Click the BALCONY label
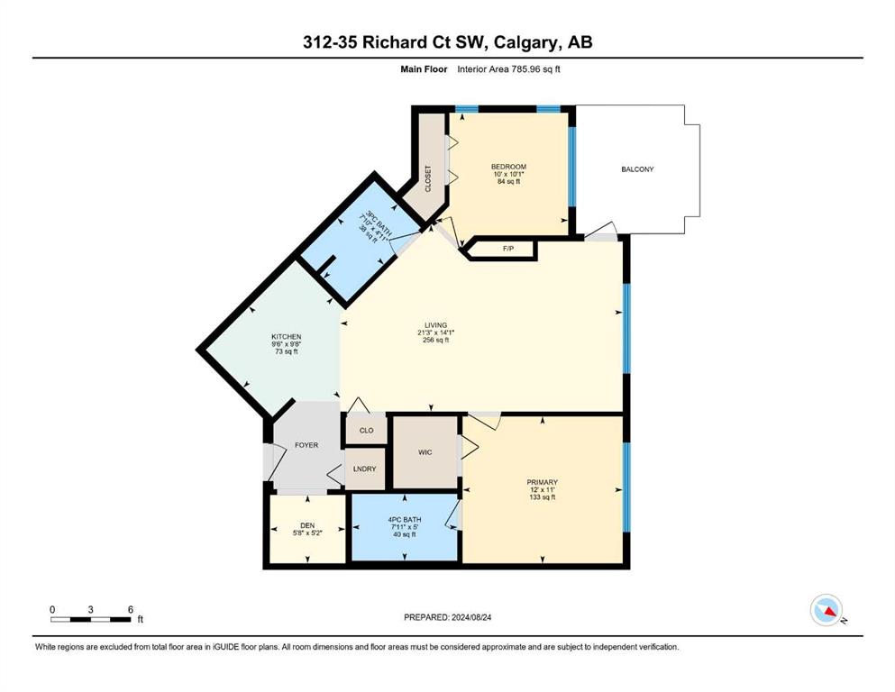click(637, 169)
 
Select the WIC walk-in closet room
click(425, 452)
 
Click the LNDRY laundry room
click(365, 469)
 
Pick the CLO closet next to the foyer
click(367, 430)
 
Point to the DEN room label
click(307, 525)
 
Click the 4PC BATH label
click(405, 520)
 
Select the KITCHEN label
click(287, 337)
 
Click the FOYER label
click(306, 445)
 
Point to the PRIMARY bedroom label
click(543, 483)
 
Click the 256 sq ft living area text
click(436, 340)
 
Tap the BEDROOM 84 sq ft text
click(508, 182)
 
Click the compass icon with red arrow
click(827, 610)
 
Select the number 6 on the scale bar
click(131, 609)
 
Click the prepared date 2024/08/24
click(470, 617)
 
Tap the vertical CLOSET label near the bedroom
click(428, 178)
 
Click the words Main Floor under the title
click(425, 69)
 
